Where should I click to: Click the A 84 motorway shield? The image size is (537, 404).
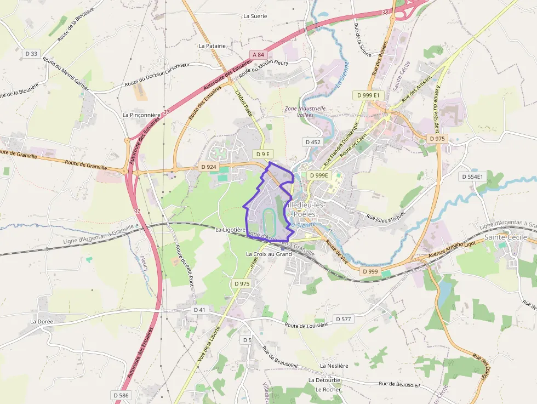[x=258, y=54]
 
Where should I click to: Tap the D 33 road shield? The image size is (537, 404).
[x=32, y=53]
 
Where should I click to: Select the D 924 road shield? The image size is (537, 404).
[x=209, y=167]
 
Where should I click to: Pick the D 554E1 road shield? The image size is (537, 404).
[x=472, y=177]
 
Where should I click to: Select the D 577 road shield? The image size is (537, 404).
[x=343, y=319]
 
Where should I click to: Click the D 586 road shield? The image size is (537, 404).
[x=121, y=395]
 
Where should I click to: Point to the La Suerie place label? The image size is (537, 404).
[x=255, y=16]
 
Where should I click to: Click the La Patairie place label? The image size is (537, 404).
[x=212, y=46]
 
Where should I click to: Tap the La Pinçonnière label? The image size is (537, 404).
[x=141, y=115]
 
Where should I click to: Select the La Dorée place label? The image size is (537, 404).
[x=41, y=321]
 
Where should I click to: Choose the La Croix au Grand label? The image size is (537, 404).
[x=268, y=254]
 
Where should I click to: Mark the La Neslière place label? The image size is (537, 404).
[x=334, y=366]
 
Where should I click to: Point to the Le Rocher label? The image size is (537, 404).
[x=328, y=390]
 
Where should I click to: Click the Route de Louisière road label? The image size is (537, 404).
[x=306, y=325]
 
